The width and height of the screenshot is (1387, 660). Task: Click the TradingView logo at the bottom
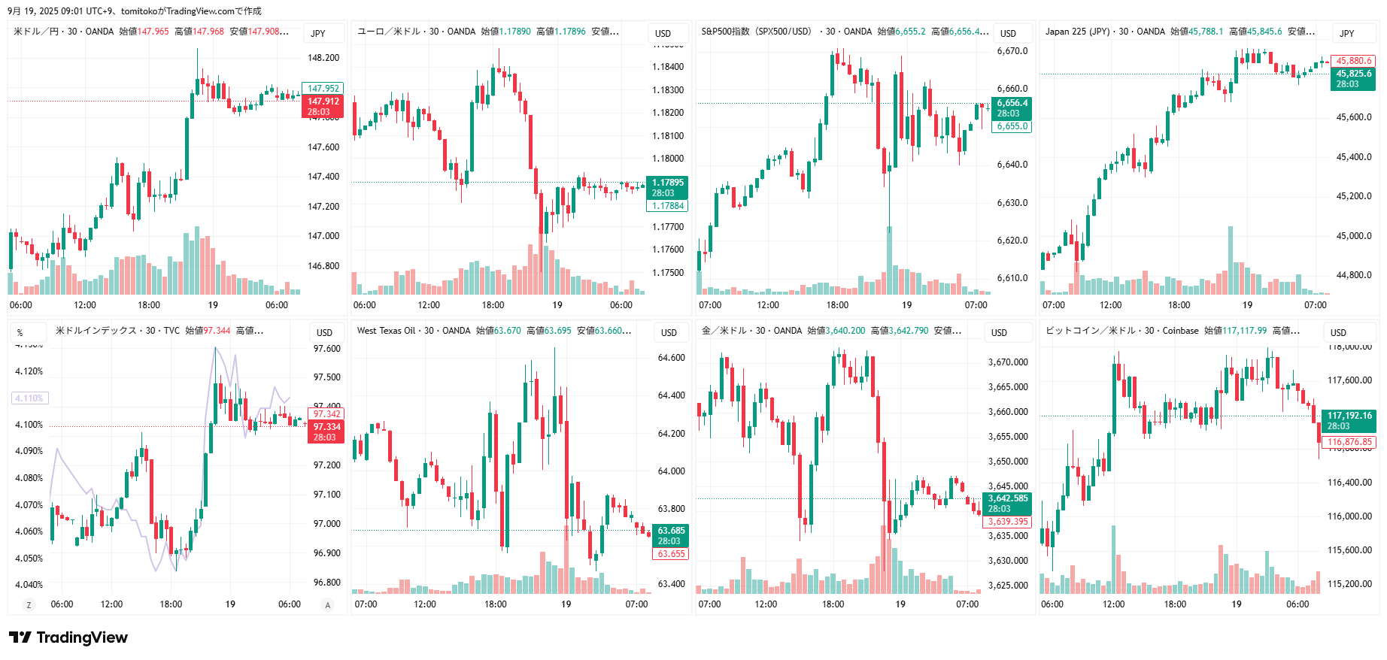pyautogui.click(x=68, y=637)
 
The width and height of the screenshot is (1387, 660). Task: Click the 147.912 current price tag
pyautogui.click(x=323, y=101)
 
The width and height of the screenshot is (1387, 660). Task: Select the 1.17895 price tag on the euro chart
pyautogui.click(x=667, y=183)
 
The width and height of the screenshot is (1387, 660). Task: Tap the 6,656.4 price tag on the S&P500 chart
pyautogui.click(x=1012, y=104)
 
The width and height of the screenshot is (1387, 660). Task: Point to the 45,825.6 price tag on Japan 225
pyautogui.click(x=1353, y=74)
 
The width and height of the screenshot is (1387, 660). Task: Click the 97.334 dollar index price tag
pyautogui.click(x=326, y=427)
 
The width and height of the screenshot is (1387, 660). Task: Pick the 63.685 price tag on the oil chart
pyautogui.click(x=671, y=531)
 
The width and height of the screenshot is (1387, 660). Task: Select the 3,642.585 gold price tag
pyautogui.click(x=1007, y=498)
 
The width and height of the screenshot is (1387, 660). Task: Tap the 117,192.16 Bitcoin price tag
pyautogui.click(x=1349, y=416)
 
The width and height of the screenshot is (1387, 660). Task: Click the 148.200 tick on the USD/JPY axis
pyautogui.click(x=323, y=58)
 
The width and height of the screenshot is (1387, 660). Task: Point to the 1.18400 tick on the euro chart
pyautogui.click(x=668, y=67)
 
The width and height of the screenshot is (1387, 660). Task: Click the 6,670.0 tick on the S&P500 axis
pyautogui.click(x=1012, y=51)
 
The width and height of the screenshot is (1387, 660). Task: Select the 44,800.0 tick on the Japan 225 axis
pyautogui.click(x=1353, y=275)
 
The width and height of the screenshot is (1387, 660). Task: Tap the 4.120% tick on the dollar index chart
pyautogui.click(x=29, y=371)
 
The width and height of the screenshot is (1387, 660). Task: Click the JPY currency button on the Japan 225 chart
pyautogui.click(x=1346, y=33)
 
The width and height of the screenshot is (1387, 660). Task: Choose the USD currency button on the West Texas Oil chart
pyautogui.click(x=669, y=332)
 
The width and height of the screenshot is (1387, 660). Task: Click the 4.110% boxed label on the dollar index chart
pyautogui.click(x=29, y=398)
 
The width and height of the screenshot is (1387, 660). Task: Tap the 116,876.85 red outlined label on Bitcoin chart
pyautogui.click(x=1349, y=442)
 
